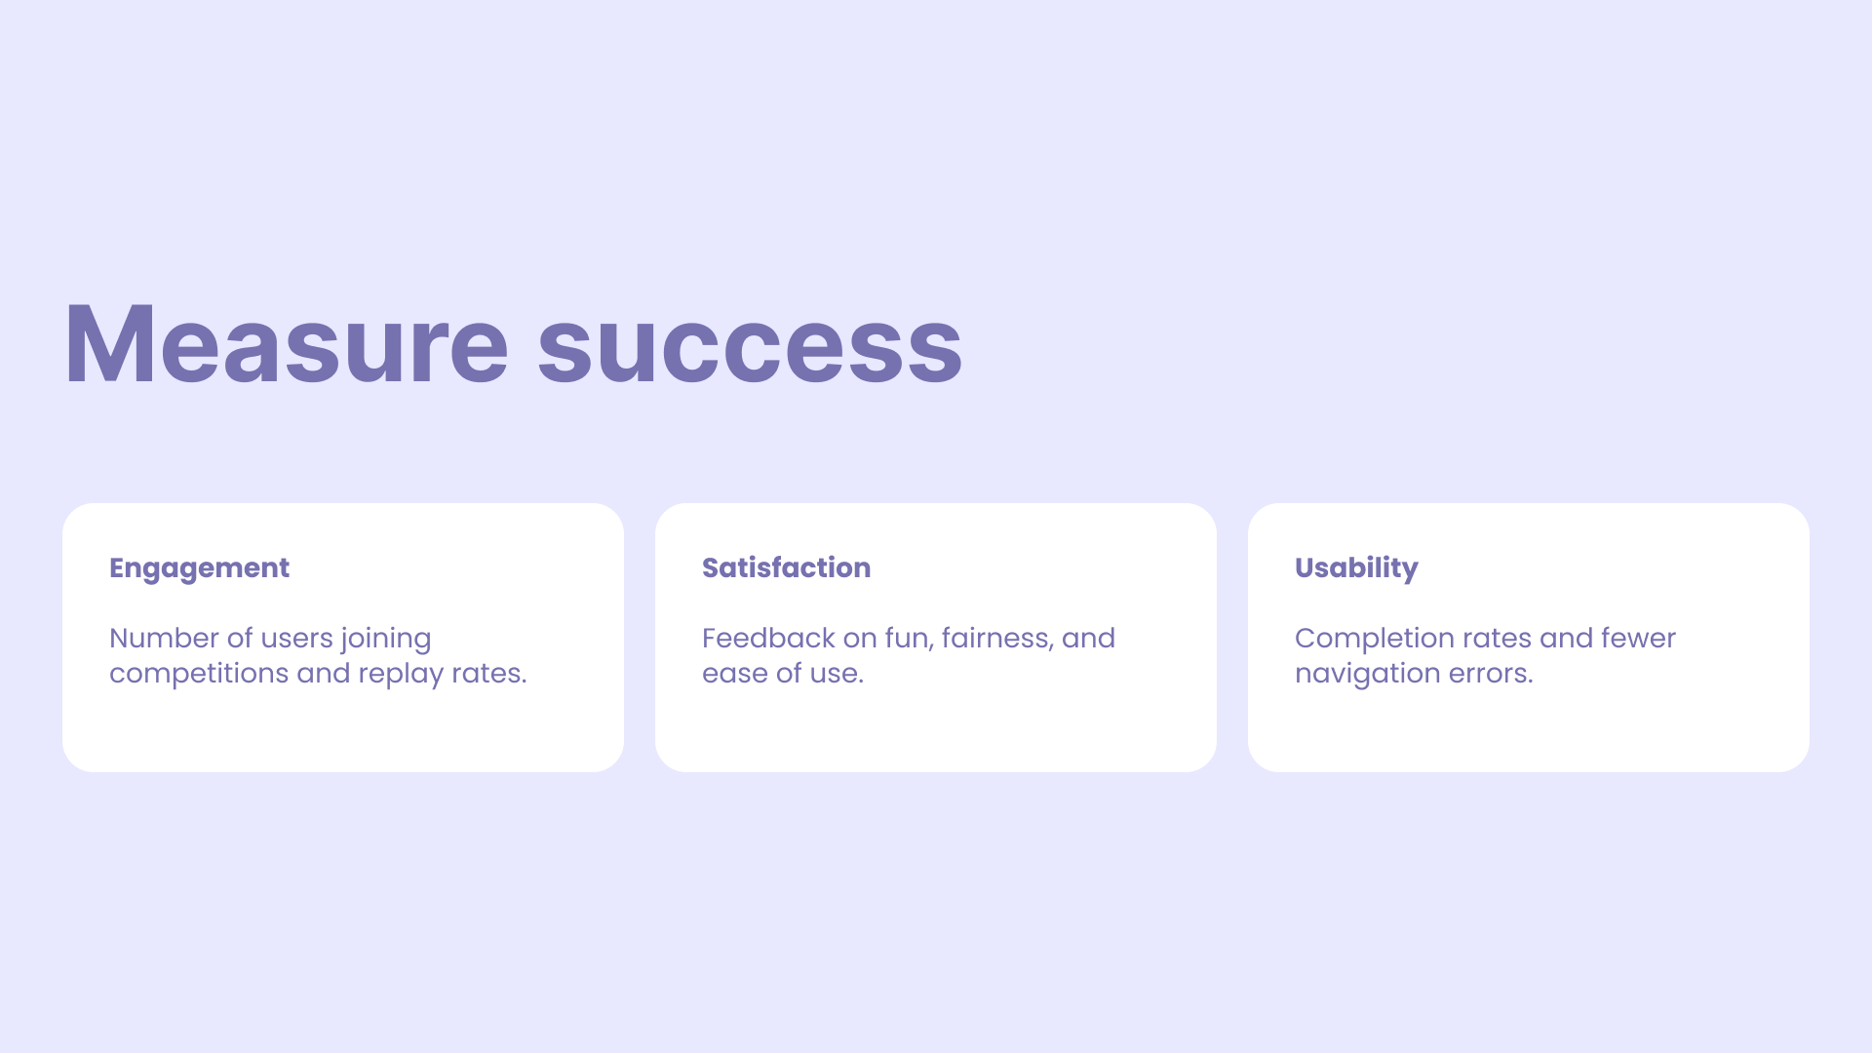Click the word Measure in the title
287,344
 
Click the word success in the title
750,353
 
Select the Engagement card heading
199,568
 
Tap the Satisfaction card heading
786,567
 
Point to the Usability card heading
1356,568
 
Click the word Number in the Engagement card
164,638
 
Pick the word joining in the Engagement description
386,640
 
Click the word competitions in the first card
199,674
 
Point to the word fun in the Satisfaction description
909,639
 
